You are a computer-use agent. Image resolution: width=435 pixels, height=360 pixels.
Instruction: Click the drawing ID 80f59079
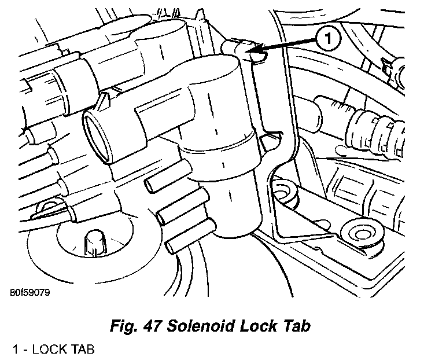coord(29,292)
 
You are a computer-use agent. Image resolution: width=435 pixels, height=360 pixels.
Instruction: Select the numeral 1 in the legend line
coord(15,349)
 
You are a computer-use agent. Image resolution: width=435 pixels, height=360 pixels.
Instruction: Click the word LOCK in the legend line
coord(47,349)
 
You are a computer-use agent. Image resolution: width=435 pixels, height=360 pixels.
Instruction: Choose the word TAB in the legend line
coord(81,349)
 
